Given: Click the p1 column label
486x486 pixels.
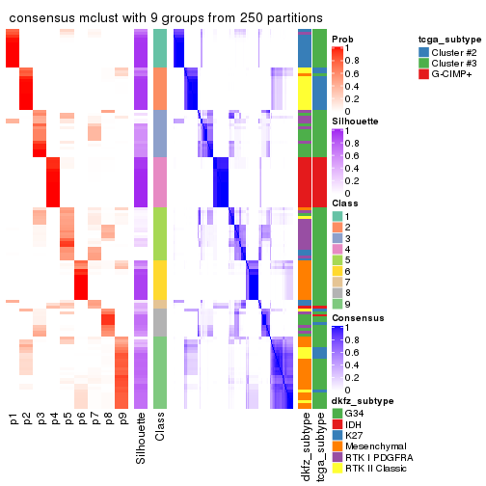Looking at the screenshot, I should tap(13, 419).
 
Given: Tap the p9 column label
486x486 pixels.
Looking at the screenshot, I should tap(121, 419).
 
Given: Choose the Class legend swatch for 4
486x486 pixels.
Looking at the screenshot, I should tap(337, 250).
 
